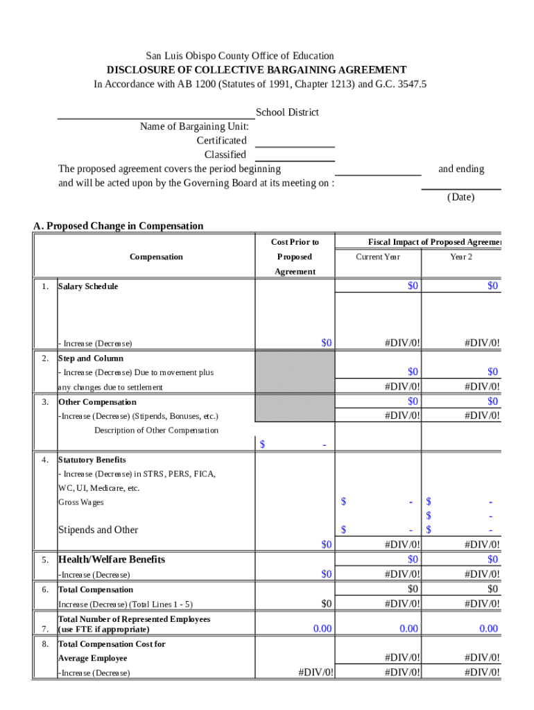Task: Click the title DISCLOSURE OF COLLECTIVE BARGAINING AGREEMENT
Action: point(256,70)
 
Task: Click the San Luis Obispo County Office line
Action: point(239,55)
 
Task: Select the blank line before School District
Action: point(155,115)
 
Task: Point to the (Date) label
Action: point(460,197)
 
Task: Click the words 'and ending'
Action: point(460,169)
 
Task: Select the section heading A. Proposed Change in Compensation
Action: point(119,226)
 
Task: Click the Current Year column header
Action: point(378,257)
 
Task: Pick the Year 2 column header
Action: point(460,257)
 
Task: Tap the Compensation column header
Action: point(156,257)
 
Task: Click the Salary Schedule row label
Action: point(88,286)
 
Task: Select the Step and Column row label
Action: point(91,358)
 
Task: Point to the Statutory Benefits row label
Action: point(92,460)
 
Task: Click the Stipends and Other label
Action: point(98,530)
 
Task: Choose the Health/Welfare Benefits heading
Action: point(112,560)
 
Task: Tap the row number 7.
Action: point(44,629)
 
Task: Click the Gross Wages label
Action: point(80,502)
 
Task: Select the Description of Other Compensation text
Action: point(156,431)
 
